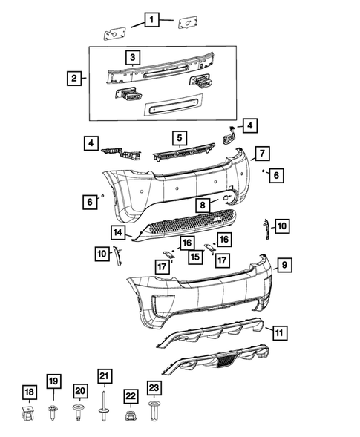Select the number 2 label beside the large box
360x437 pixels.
pos(73,78)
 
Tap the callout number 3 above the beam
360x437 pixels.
pos(131,57)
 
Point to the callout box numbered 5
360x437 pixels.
pos(180,137)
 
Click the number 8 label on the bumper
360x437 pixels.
pos(203,204)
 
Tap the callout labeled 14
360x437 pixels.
pos(118,232)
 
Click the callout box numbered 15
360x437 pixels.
pos(194,256)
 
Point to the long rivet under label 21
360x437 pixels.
pos(104,404)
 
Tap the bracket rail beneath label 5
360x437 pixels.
pos(179,154)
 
